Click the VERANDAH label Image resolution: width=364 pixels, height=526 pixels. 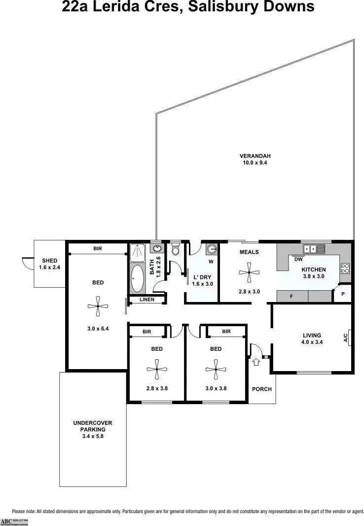255,156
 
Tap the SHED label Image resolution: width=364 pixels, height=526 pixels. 49,261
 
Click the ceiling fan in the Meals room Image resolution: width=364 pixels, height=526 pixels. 249,272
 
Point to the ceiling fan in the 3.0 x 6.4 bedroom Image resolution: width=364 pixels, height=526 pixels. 98,306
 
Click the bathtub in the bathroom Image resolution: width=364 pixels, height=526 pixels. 137,279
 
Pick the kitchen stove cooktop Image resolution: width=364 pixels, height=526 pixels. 345,269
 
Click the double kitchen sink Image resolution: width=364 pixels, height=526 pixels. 313,249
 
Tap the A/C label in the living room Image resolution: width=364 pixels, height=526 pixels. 346,338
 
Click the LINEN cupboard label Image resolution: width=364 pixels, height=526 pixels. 146,300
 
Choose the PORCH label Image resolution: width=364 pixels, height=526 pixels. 262,389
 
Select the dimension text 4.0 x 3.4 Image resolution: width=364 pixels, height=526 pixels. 312,342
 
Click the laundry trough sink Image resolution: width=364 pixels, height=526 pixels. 211,249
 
